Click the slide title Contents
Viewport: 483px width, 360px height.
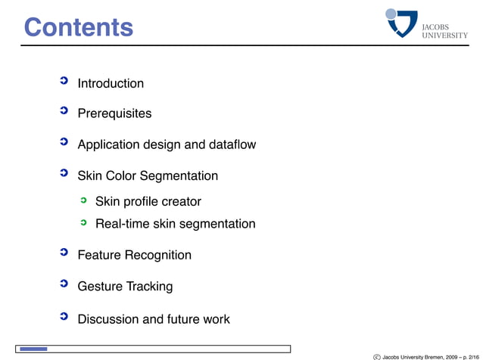tap(78, 27)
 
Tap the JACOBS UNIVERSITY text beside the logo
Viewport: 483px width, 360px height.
tap(444, 30)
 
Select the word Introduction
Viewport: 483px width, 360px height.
tap(111, 83)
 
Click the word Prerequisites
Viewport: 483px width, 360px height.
tap(114, 113)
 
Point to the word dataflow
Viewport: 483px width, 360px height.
tap(232, 144)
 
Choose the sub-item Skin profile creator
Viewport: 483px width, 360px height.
tap(148, 202)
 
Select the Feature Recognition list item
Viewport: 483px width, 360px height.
tap(134, 256)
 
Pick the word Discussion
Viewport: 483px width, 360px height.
tap(108, 319)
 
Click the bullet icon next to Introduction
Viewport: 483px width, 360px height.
tap(64, 81)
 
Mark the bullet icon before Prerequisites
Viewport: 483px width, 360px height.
tap(64, 111)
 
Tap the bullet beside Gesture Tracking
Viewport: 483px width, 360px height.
tap(64, 284)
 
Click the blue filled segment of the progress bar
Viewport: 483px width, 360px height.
tap(34, 349)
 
